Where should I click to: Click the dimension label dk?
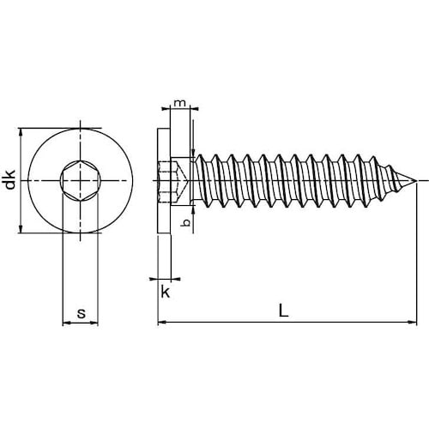tap(11, 180)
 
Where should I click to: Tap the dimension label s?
tap(82, 313)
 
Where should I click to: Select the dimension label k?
tap(166, 293)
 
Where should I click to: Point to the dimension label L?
tap(283, 311)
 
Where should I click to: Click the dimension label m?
tap(180, 102)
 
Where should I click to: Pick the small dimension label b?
tap(186, 222)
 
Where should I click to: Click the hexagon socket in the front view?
tap(81, 181)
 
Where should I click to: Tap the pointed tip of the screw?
tap(415, 181)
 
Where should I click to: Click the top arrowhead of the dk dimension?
tap(21, 132)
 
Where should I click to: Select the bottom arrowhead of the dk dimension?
tap(21, 229)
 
